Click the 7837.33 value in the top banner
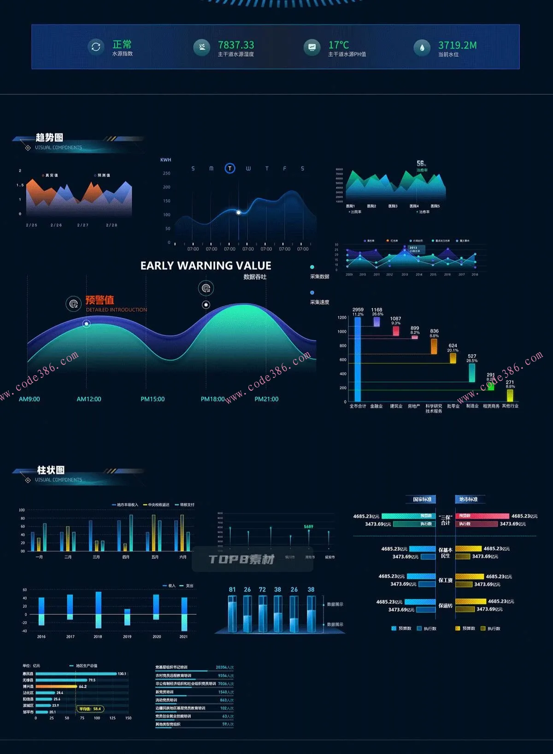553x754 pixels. (x=236, y=45)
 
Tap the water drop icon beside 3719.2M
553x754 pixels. (x=422, y=47)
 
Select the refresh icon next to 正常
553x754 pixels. (x=96, y=47)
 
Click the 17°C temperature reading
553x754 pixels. (x=339, y=45)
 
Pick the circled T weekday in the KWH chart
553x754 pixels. (x=229, y=169)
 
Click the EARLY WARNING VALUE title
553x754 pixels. (x=206, y=266)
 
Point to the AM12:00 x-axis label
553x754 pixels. (x=89, y=399)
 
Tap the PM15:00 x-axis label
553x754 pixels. (x=153, y=399)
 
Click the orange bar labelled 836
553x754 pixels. (x=434, y=346)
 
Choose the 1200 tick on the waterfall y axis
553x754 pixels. (x=342, y=318)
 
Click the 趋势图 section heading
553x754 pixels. (x=49, y=137)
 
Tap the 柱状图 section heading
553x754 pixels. (x=51, y=470)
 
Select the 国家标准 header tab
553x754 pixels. (x=422, y=499)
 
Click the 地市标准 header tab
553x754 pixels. (x=469, y=499)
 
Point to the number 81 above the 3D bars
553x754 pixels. (x=232, y=589)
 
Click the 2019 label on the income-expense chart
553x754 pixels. (x=127, y=636)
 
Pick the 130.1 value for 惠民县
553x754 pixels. (x=122, y=674)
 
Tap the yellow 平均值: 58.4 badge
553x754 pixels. (x=90, y=709)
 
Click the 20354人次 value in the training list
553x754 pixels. (x=224, y=667)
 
